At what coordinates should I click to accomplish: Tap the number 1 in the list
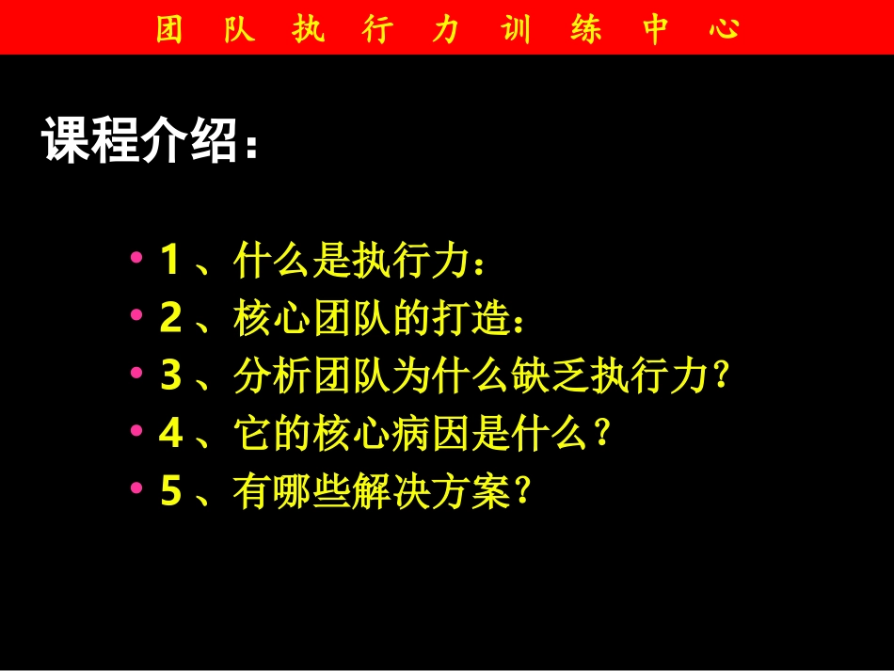[x=169, y=261]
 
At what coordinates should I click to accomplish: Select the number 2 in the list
[x=170, y=319]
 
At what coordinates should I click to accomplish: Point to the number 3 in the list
[x=170, y=376]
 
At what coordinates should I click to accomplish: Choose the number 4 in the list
[x=170, y=434]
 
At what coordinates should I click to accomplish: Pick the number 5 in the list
[x=170, y=492]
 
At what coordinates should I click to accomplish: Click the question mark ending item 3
[x=722, y=377]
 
